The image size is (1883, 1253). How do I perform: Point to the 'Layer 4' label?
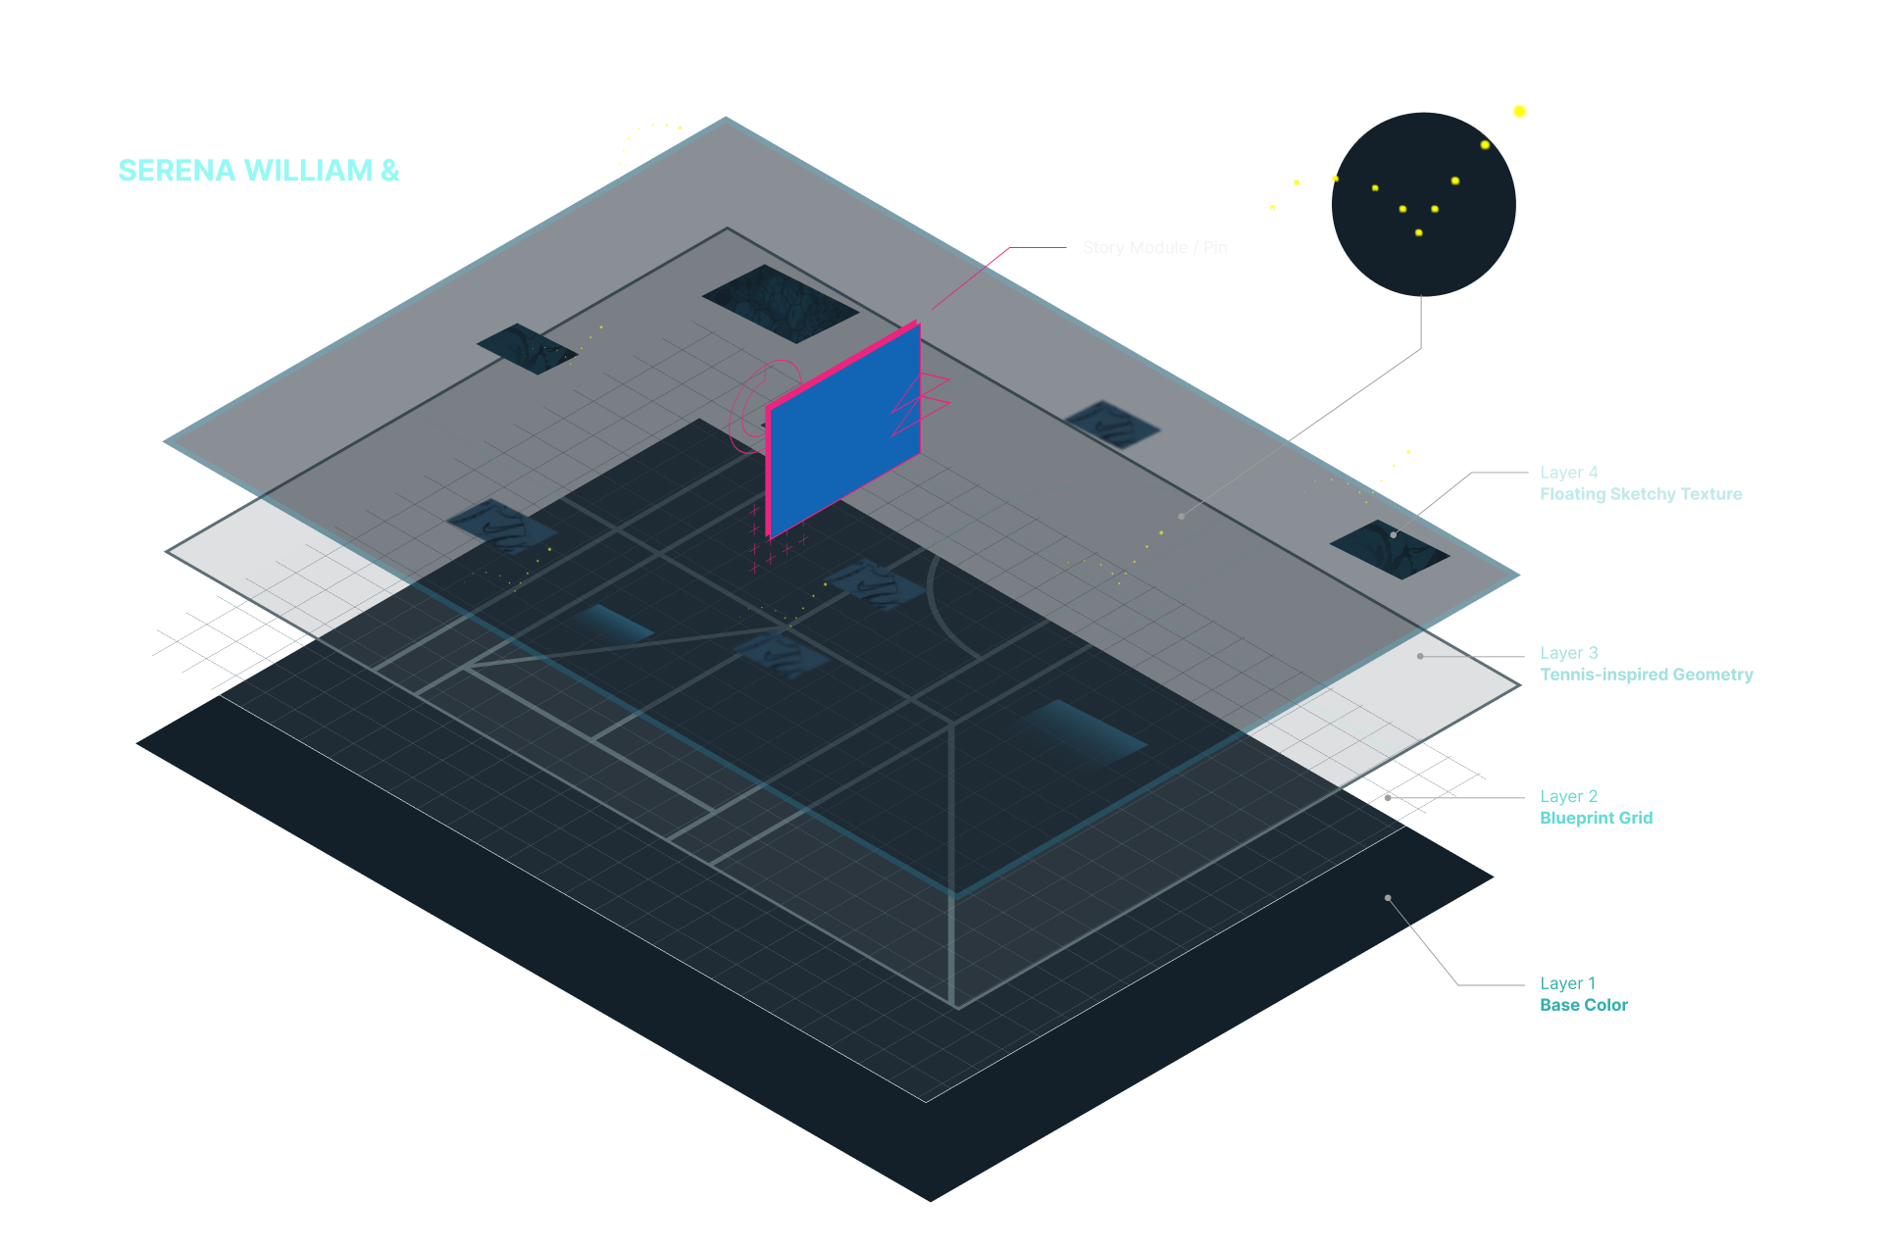(x=1569, y=473)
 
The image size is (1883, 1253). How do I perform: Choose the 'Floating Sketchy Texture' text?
(x=1641, y=494)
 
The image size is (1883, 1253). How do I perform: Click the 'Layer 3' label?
(x=1569, y=653)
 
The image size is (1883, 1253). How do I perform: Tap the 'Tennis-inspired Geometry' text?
(x=1646, y=675)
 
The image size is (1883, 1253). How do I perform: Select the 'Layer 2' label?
(x=1569, y=797)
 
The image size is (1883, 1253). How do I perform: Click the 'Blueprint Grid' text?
(x=1596, y=819)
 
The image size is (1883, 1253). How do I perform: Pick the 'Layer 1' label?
(x=1567, y=983)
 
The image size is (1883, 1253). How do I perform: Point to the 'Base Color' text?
(x=1584, y=1005)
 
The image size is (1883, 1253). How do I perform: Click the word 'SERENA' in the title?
(x=177, y=171)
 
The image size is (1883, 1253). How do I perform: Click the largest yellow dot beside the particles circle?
(x=1519, y=112)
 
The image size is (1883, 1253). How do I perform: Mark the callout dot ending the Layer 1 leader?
(x=1388, y=898)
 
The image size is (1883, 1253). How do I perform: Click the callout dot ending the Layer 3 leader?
(x=1420, y=656)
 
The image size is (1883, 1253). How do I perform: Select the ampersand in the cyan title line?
(x=389, y=171)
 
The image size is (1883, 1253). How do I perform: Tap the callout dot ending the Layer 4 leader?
(x=1393, y=534)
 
